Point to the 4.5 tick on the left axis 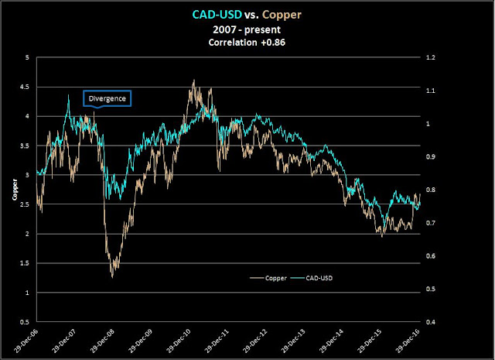click(27, 87)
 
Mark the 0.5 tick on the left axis click(27, 322)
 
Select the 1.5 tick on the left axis click(27, 263)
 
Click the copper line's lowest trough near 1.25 click(113, 276)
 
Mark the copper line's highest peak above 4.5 click(191, 80)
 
